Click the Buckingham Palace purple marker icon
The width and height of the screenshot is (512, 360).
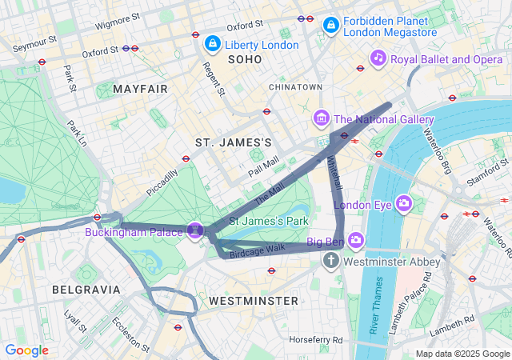[194, 231]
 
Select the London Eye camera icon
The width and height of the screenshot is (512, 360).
[403, 204]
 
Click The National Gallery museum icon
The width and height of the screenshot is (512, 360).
[322, 119]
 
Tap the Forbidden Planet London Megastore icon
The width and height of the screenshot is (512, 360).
[330, 26]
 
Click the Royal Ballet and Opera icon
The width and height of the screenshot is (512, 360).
[378, 58]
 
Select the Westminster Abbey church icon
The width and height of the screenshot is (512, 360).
[332, 261]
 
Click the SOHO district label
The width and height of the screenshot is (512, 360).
[245, 60]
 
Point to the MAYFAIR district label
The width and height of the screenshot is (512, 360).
[141, 89]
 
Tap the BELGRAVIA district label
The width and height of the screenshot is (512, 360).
[86, 289]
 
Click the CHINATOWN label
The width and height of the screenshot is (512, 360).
[295, 86]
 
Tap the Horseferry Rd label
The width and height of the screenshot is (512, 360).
[316, 339]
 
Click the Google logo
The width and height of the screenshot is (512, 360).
[26, 350]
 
